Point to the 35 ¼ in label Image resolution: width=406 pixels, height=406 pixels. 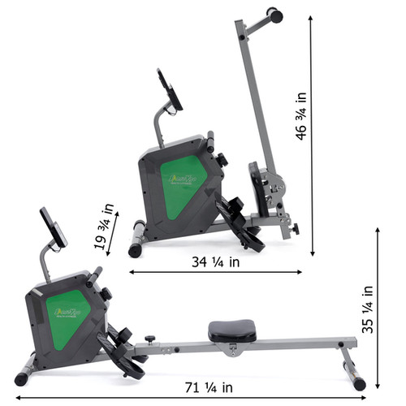(x=366, y=309)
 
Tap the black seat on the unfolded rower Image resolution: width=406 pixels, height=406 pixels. (x=231, y=330)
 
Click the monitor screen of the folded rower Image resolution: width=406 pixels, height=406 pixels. (x=171, y=89)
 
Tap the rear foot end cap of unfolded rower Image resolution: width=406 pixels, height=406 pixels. (x=356, y=382)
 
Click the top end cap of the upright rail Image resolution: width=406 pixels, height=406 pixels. (x=276, y=15)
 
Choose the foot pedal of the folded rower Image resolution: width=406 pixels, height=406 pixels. (x=242, y=223)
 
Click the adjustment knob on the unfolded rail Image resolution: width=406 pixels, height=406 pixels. (x=150, y=339)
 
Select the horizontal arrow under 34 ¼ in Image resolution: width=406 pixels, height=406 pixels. (x=215, y=273)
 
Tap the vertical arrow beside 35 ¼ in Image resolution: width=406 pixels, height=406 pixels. (x=378, y=309)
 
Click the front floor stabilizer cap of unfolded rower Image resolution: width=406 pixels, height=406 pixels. (x=23, y=378)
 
